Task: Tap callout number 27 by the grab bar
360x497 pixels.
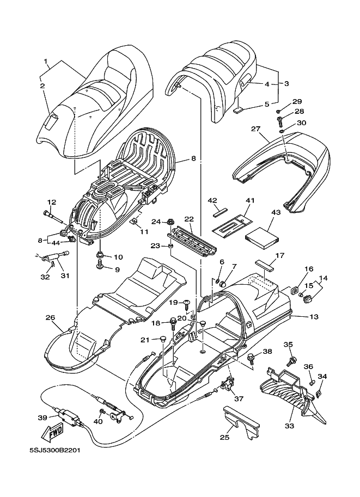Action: pos(257,129)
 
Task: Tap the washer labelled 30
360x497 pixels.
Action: pos(282,132)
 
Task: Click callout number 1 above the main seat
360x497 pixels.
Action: pos(46,61)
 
